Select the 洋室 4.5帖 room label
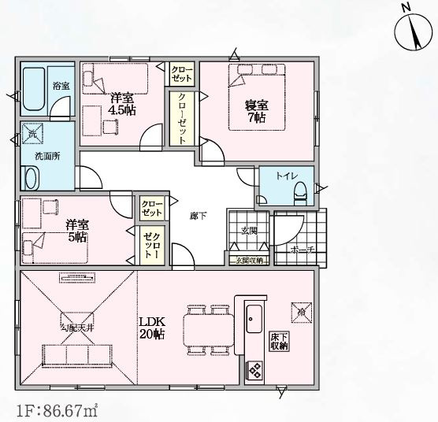[x=122, y=104]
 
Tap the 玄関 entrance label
[x=249, y=231]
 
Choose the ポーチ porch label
[x=302, y=250]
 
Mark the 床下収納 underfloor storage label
[x=279, y=340]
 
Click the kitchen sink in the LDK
[x=254, y=319]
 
